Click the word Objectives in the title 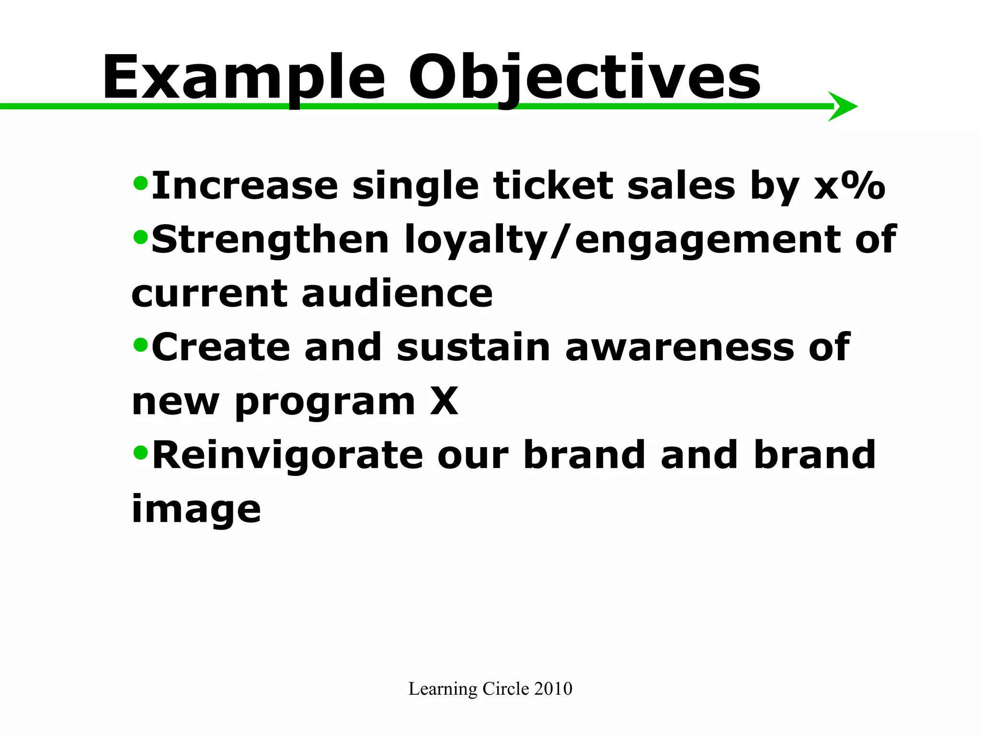click(584, 78)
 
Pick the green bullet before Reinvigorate click(140, 451)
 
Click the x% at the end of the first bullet click(849, 186)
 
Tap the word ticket click(553, 186)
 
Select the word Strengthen click(270, 240)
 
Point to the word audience click(397, 293)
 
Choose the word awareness click(679, 347)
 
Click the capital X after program click(444, 402)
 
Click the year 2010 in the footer click(553, 689)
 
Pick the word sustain click(473, 347)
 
